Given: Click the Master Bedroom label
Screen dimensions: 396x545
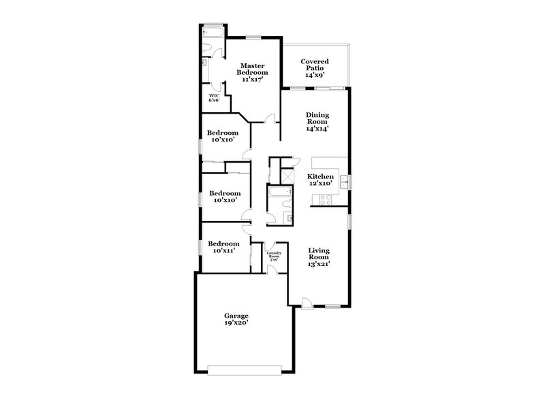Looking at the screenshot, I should pos(252,72).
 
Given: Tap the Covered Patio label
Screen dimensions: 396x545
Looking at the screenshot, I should pos(315,67).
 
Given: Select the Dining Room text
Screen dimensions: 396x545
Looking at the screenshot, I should pos(317,121).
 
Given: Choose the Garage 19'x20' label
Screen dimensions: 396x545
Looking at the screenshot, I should pos(236,319).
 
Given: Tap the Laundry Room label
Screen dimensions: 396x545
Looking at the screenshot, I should pos(274,256).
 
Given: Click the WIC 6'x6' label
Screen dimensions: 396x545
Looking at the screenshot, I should pos(214,98).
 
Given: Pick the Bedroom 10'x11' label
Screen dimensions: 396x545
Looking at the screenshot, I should pos(223,248).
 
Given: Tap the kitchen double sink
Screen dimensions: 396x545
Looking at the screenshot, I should pos(345,182).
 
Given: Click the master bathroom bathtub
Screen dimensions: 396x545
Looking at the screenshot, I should pos(213,31).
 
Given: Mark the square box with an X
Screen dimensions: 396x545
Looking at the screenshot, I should pos(288,174).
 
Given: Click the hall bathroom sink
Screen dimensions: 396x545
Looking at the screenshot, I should pos(289,218).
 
